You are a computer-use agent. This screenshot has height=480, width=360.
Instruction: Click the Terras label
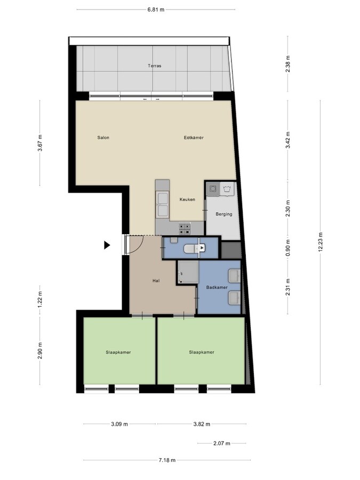pyautogui.click(x=155, y=66)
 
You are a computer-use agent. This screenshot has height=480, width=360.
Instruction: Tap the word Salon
pyautogui.click(x=103, y=138)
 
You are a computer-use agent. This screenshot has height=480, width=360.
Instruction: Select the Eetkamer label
pyautogui.click(x=194, y=138)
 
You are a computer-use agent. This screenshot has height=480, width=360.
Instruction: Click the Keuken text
pyautogui.click(x=187, y=199)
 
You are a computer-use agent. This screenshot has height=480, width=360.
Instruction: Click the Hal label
pyautogui.click(x=156, y=281)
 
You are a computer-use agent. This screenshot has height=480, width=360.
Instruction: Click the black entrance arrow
pyautogui.click(x=107, y=245)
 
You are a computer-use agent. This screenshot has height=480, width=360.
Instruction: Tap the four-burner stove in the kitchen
pyautogui.click(x=185, y=228)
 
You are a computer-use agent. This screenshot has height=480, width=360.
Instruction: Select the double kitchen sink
pyautogui.click(x=162, y=199)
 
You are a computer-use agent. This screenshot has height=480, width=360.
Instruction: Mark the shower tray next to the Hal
pyautogui.click(x=187, y=273)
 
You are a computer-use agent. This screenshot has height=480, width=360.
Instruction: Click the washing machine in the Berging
pyautogui.click(x=228, y=189)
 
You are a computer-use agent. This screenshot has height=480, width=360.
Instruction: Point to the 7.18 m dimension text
pyautogui.click(x=166, y=460)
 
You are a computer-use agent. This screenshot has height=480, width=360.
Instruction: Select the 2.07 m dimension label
pyautogui.click(x=222, y=443)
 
